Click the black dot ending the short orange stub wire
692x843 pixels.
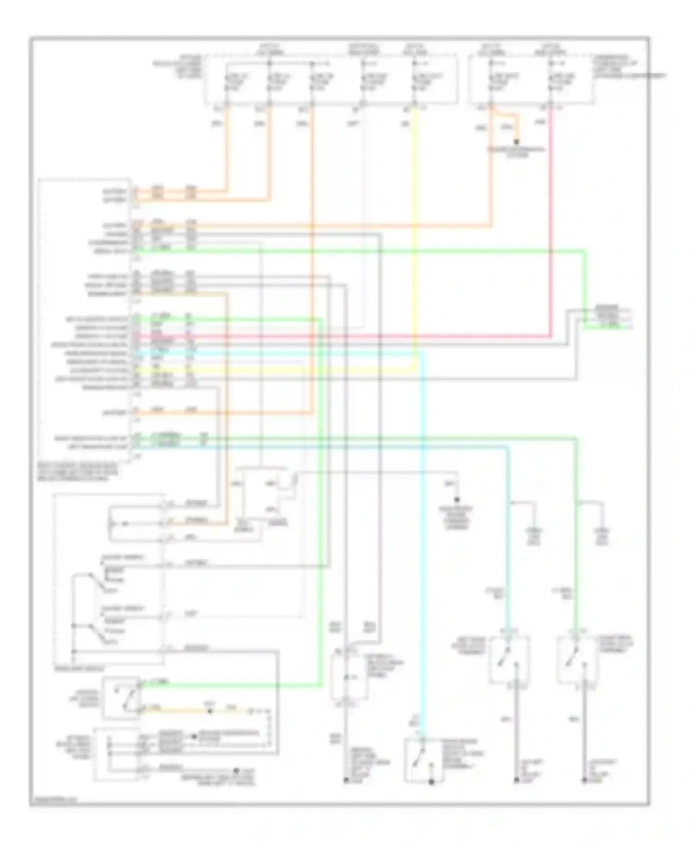(x=517, y=142)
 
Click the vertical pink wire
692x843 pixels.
(x=551, y=221)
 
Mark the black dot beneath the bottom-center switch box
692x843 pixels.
(x=431, y=782)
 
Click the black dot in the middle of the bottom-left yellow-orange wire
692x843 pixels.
(x=210, y=712)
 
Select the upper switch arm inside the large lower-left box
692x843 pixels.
(x=95, y=582)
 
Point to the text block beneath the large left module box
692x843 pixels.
(x=78, y=473)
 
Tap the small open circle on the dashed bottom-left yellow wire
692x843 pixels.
(x=251, y=712)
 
